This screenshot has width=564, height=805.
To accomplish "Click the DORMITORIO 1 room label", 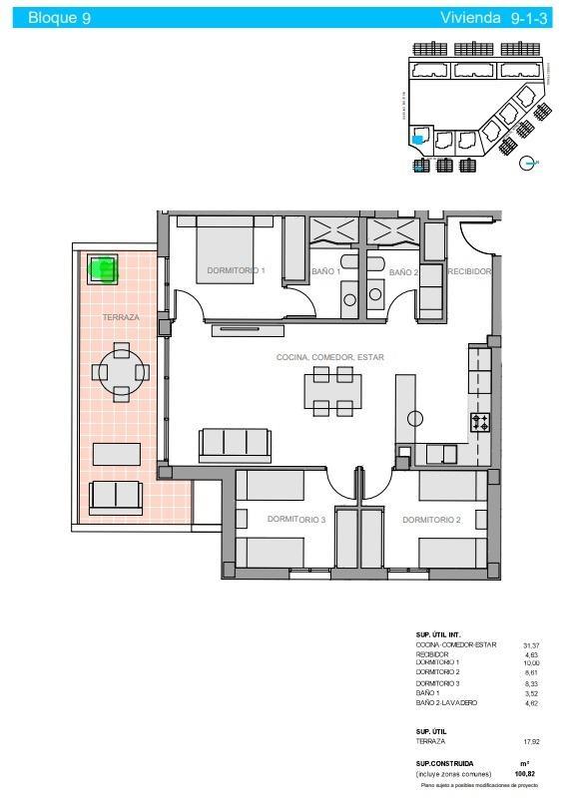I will pyautogui.click(x=236, y=270).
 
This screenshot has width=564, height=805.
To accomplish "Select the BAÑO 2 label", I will pyautogui.click(x=402, y=271).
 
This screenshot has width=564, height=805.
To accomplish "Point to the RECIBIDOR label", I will pyautogui.click(x=468, y=271).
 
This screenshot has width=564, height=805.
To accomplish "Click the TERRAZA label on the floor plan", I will pyautogui.click(x=120, y=317).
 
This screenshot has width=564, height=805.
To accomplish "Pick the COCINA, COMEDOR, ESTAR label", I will pyautogui.click(x=329, y=357).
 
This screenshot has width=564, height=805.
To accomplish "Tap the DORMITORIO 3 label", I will pyautogui.click(x=296, y=520).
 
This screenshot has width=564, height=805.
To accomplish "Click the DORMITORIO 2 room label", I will pyautogui.click(x=431, y=520).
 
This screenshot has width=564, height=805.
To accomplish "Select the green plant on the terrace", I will pyautogui.click(x=103, y=267).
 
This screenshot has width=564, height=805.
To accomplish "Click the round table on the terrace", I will pyautogui.click(x=121, y=372).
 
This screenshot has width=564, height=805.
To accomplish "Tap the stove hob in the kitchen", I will pyautogui.click(x=480, y=422).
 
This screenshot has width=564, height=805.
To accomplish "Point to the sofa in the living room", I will pyautogui.click(x=235, y=444).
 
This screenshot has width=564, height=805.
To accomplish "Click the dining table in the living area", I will pyautogui.click(x=331, y=391).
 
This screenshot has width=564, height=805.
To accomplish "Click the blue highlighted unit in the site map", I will pyautogui.click(x=418, y=140).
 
